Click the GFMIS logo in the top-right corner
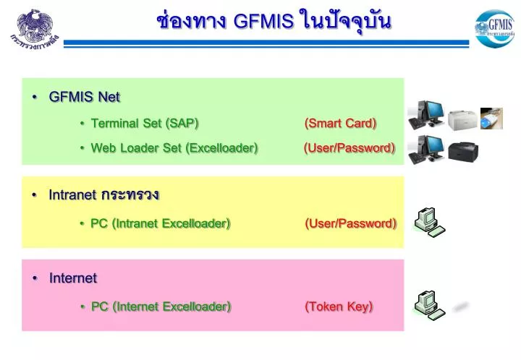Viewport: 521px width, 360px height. click(494, 28)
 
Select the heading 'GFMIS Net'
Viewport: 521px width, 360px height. click(84, 97)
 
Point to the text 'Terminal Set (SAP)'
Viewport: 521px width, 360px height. click(145, 123)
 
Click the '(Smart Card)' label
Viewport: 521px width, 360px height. click(341, 123)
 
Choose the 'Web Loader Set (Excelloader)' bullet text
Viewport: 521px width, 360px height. click(174, 148)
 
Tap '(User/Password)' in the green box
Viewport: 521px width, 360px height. click(350, 148)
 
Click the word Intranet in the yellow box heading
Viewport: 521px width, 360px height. click(72, 195)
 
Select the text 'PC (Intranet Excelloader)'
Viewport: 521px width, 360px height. click(161, 223)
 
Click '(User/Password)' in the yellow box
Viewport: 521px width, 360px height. click(351, 223)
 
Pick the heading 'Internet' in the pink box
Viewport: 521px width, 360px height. click(73, 278)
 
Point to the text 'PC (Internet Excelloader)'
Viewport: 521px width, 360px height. click(161, 307)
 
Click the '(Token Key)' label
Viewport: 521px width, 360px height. click(339, 307)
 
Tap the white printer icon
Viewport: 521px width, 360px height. click(462, 119)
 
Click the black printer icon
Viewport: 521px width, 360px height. click(462, 151)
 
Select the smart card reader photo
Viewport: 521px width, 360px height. click(491, 117)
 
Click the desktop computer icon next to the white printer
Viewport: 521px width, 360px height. click(425, 115)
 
